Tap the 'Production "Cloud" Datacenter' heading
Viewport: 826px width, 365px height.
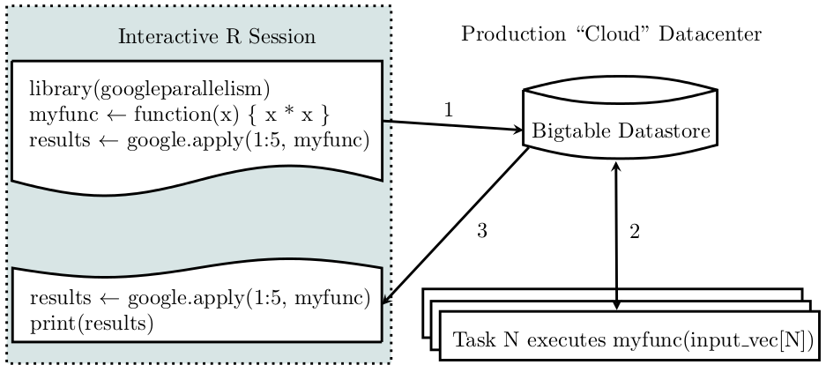611,35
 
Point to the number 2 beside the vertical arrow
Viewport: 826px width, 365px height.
634,233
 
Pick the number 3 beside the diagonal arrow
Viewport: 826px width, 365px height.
481,232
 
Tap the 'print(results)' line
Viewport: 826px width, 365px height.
92,323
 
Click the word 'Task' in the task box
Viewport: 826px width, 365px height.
473,339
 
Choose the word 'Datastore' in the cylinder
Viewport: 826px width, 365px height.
659,131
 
